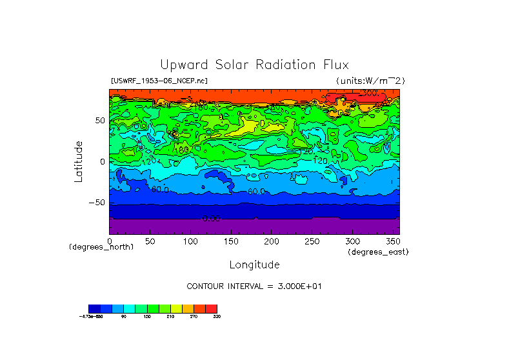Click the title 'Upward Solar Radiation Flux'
coord(254,65)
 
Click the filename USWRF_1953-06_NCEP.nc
coord(159,81)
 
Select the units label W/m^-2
coord(370,81)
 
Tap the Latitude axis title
coord(78,161)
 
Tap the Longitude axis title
coord(254,265)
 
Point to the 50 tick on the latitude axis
coord(99,121)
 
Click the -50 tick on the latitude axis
coord(97,202)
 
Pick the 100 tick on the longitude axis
coord(190,241)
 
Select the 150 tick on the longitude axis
coord(231,241)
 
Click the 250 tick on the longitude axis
coord(312,241)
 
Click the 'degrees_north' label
coord(101,248)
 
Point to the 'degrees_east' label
coord(377,252)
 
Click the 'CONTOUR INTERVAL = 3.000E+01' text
coord(254,286)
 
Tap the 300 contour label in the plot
coord(368,94)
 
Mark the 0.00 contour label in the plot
coord(211,218)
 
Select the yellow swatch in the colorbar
coord(176,308)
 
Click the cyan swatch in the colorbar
coord(130,308)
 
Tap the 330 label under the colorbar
coord(217,317)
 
